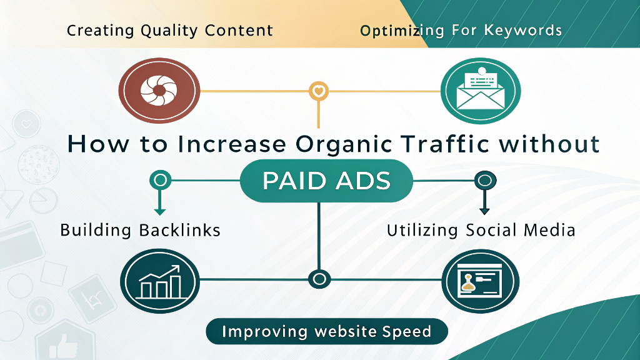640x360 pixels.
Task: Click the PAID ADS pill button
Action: click(326, 181)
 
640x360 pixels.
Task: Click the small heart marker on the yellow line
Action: click(319, 91)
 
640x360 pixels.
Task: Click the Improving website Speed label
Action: click(326, 331)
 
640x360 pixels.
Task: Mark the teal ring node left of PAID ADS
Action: click(160, 181)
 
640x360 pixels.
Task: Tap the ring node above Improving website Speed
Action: click(319, 278)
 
